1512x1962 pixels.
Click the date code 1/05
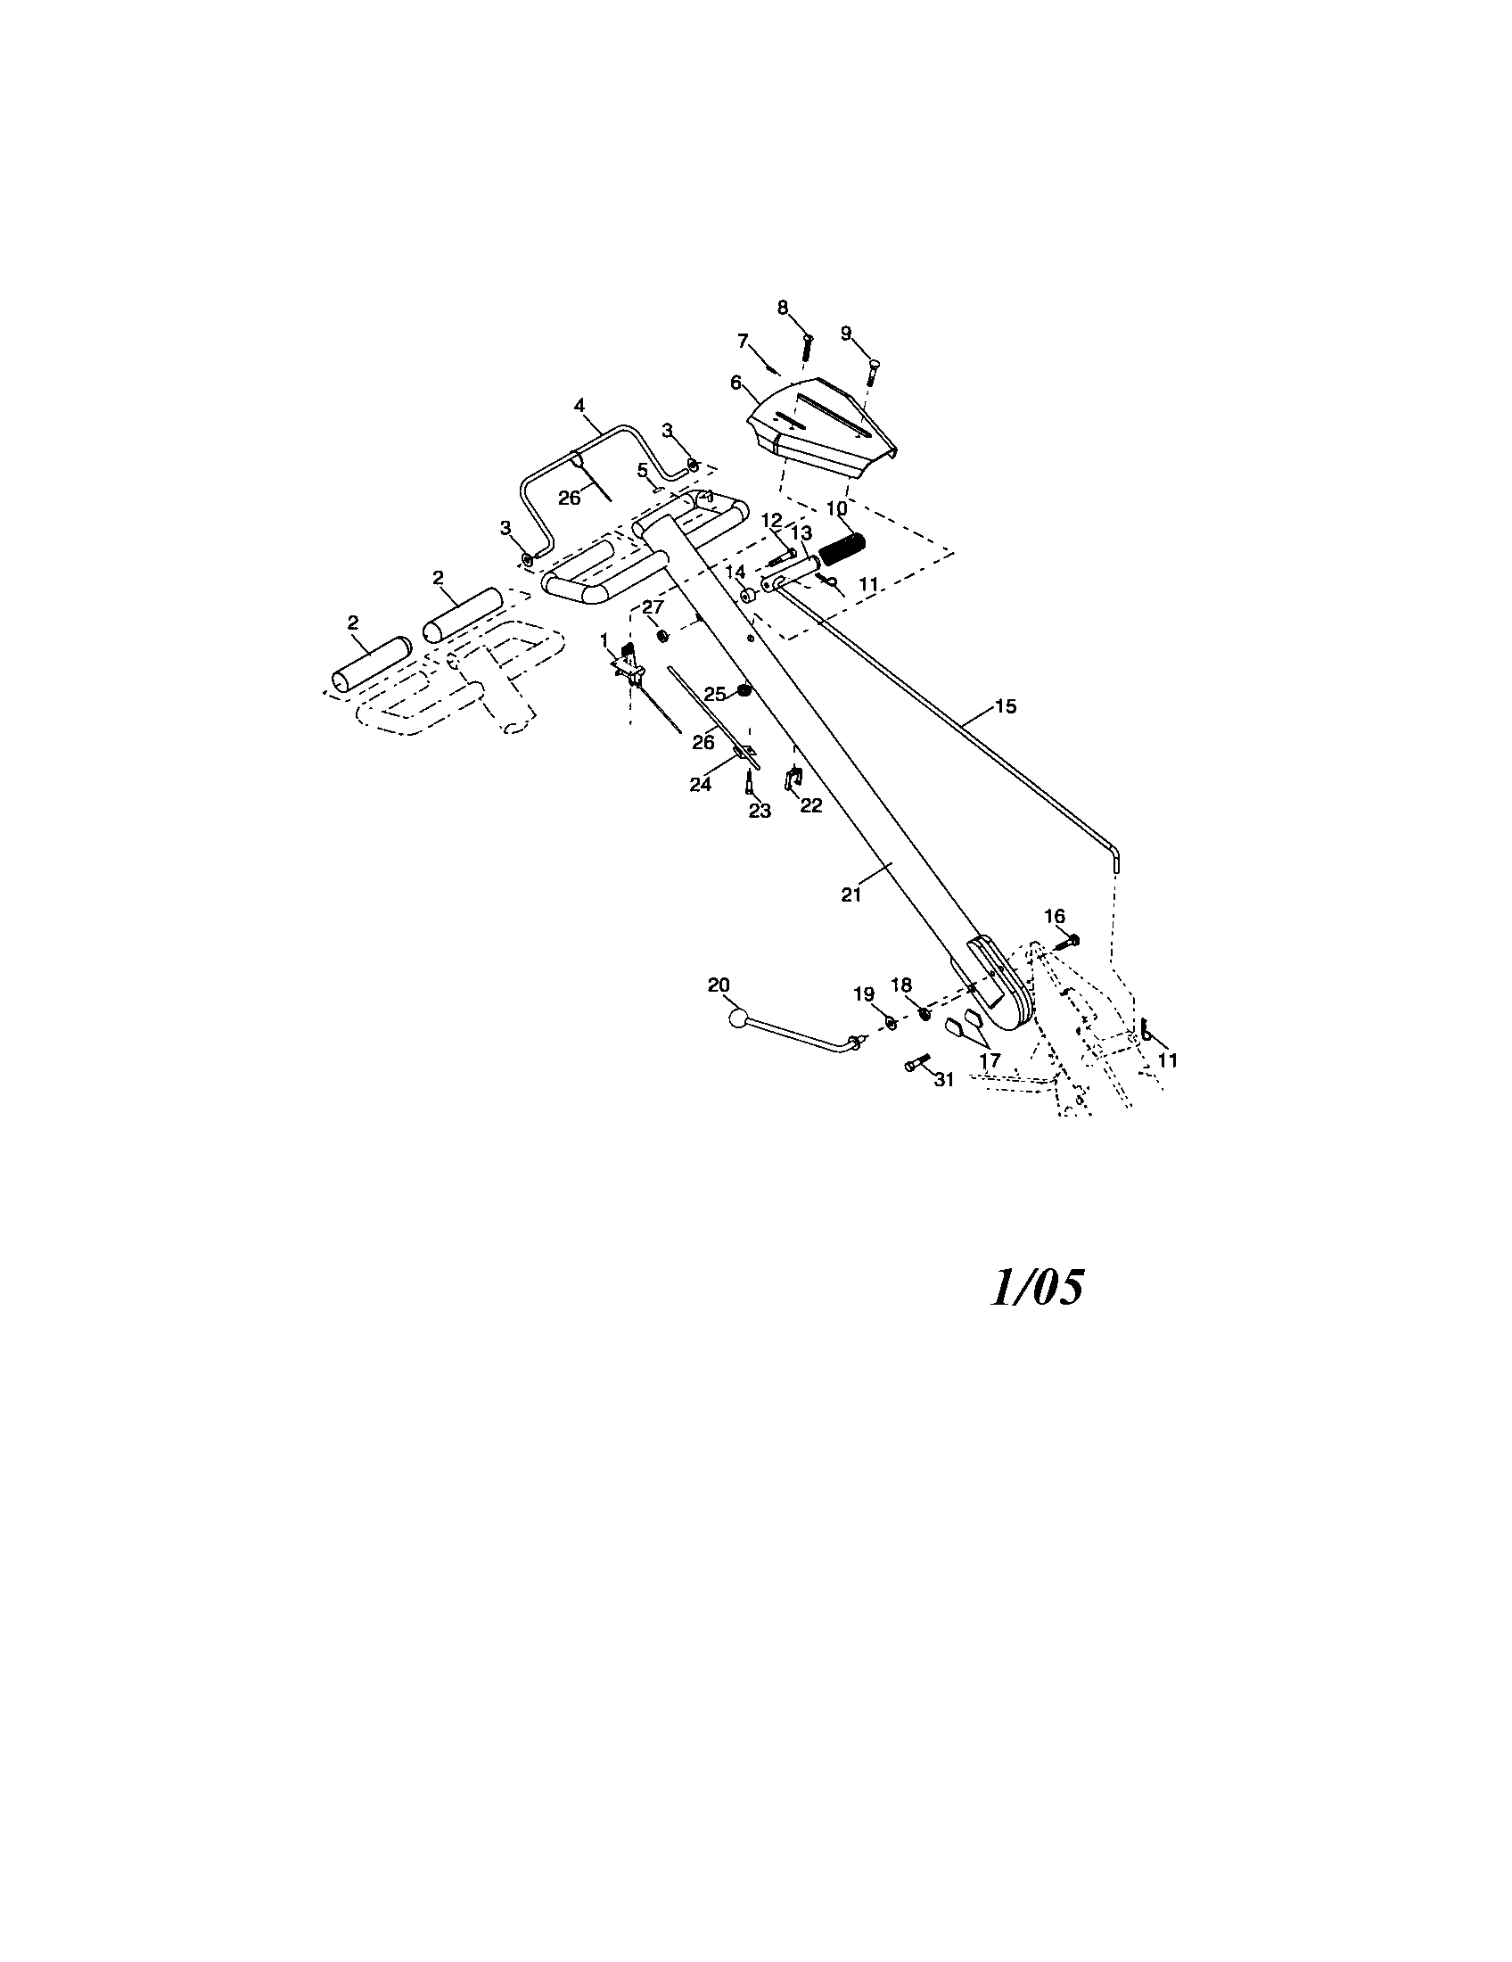point(1036,1287)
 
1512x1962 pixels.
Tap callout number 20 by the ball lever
point(719,985)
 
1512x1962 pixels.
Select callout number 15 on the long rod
point(1006,706)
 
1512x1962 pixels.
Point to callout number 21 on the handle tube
point(851,894)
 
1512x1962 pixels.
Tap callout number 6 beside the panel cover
point(736,383)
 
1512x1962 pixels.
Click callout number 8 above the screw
point(783,308)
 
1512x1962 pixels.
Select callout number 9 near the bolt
point(846,333)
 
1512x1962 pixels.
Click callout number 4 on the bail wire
point(579,406)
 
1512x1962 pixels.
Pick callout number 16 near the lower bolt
point(1054,915)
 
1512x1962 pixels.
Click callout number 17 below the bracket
point(990,1060)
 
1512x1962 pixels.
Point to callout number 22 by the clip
point(810,806)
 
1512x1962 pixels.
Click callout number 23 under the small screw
point(760,811)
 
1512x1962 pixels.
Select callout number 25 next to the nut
point(715,694)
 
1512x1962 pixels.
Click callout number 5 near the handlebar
point(642,469)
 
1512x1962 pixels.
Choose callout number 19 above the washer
point(863,993)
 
